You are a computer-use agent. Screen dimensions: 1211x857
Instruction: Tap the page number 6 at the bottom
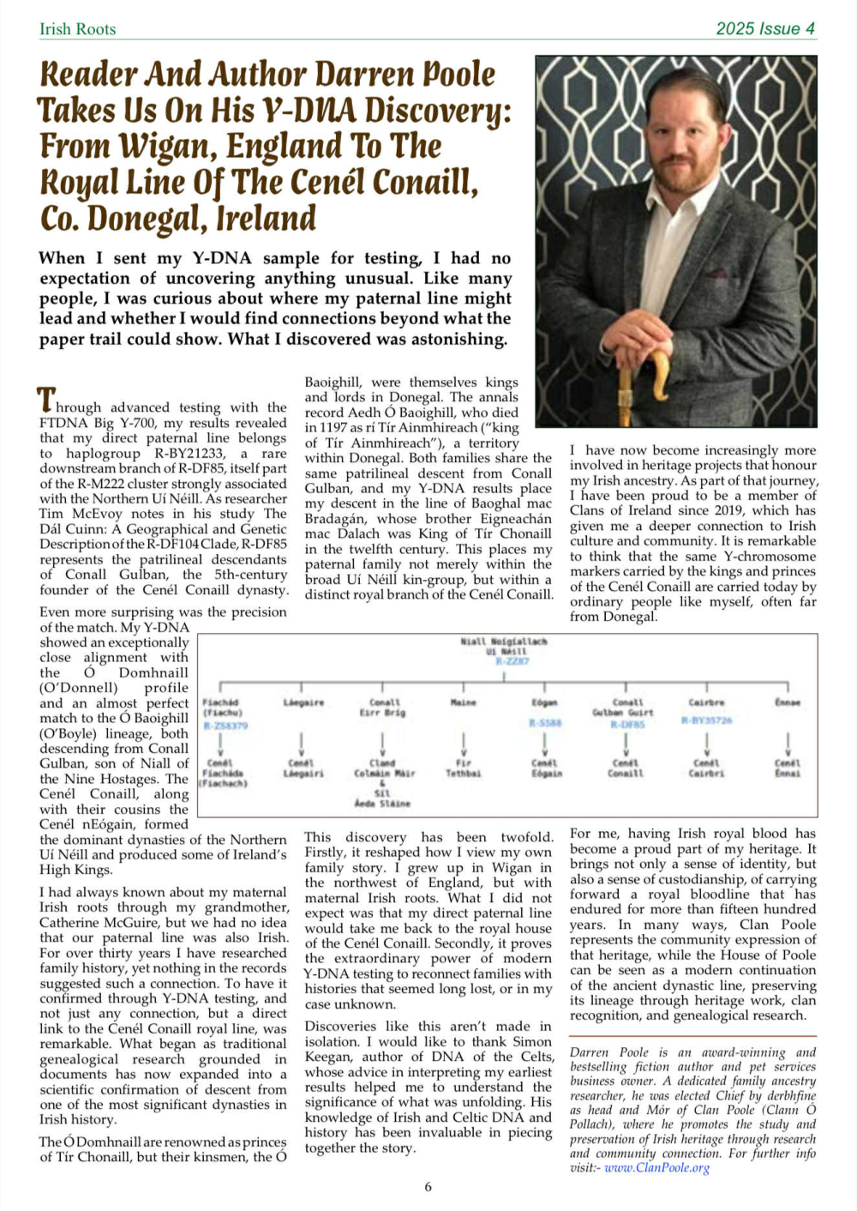pyautogui.click(x=428, y=1187)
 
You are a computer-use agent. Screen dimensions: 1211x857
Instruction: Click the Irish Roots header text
pyautogui.click(x=77, y=29)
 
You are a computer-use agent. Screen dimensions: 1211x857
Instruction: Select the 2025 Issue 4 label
pyautogui.click(x=765, y=29)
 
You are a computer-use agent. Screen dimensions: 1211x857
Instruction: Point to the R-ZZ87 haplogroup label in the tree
pyautogui.click(x=512, y=661)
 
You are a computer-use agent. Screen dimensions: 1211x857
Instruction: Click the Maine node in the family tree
pyautogui.click(x=463, y=702)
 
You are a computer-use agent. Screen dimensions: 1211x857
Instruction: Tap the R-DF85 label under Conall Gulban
pyautogui.click(x=627, y=725)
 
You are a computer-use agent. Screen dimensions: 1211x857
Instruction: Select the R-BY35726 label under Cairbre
pyautogui.click(x=706, y=720)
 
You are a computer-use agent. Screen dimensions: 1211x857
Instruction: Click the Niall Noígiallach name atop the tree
pyautogui.click(x=503, y=641)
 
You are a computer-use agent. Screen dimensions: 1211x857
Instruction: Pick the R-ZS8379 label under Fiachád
pyautogui.click(x=225, y=726)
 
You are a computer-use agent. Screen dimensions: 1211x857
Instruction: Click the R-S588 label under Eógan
pyautogui.click(x=545, y=723)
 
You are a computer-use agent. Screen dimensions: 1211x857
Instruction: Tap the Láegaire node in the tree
pyautogui.click(x=303, y=702)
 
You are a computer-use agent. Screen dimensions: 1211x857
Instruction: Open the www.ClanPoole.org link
pyautogui.click(x=656, y=1168)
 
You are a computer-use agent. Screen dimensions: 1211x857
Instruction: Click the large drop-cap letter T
pyautogui.click(x=46, y=401)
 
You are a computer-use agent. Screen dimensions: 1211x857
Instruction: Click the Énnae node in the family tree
pyautogui.click(x=787, y=702)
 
